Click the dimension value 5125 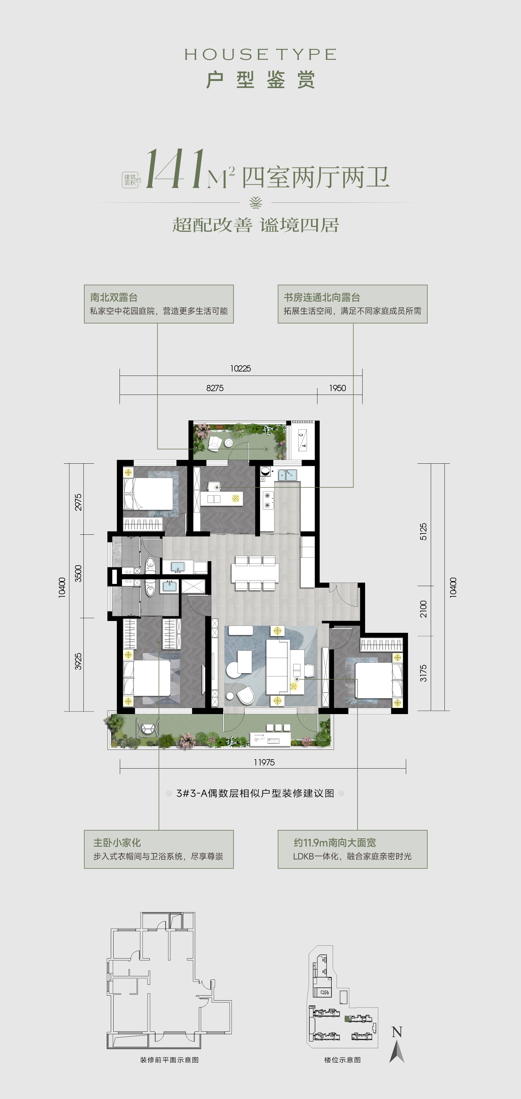pyautogui.click(x=423, y=532)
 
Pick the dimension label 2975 pyautogui.click(x=78, y=502)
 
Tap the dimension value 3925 pyautogui.click(x=78, y=661)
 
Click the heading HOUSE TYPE pyautogui.click(x=260, y=54)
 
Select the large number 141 pyautogui.click(x=175, y=170)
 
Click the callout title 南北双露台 pyautogui.click(x=114, y=297)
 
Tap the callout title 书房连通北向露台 pyautogui.click(x=322, y=297)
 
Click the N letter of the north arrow pyautogui.click(x=397, y=1032)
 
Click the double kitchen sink pyautogui.click(x=287, y=474)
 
